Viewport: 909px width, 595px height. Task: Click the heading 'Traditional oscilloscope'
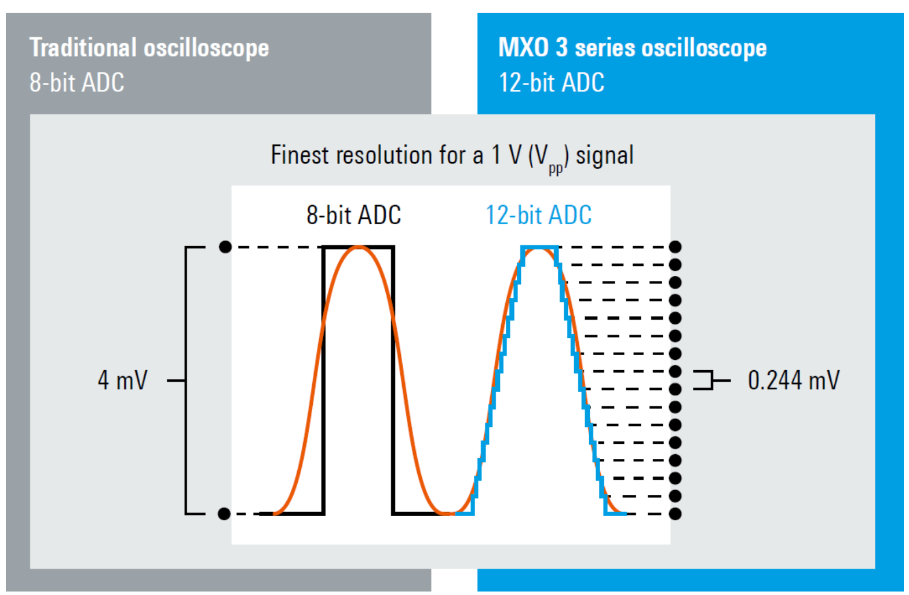pyautogui.click(x=149, y=49)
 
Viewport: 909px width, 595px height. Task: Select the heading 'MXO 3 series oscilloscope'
pyautogui.click(x=633, y=48)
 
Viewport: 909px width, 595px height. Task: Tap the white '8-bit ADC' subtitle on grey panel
pyautogui.click(x=76, y=82)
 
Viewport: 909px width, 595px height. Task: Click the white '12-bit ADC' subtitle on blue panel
pyautogui.click(x=552, y=82)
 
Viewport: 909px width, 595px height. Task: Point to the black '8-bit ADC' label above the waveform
pyautogui.click(x=354, y=215)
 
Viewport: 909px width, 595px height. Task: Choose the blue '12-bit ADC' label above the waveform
pyautogui.click(x=539, y=215)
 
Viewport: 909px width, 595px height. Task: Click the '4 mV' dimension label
pyautogui.click(x=123, y=380)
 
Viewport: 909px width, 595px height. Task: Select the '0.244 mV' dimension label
pyautogui.click(x=794, y=380)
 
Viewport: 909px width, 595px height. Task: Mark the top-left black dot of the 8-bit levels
pyautogui.click(x=225, y=247)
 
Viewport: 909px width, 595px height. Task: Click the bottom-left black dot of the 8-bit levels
pyautogui.click(x=224, y=514)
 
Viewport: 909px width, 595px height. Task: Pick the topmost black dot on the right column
pyautogui.click(x=676, y=247)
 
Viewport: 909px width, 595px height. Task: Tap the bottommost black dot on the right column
pyautogui.click(x=676, y=514)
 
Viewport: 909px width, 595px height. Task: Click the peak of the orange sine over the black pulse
pyautogui.click(x=359, y=247)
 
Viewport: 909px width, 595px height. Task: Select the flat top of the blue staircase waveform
pyautogui.click(x=539, y=247)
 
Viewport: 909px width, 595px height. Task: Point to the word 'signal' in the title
pyautogui.click(x=605, y=156)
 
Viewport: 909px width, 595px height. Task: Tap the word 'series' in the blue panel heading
pyautogui.click(x=605, y=49)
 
